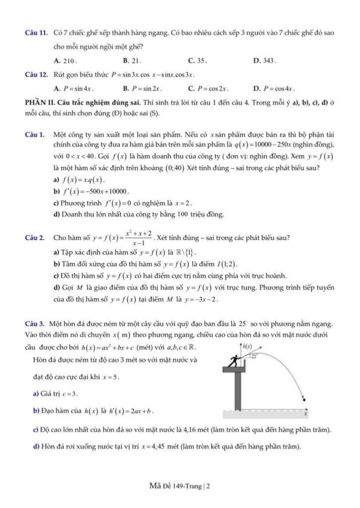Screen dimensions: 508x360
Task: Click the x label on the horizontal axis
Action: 305,413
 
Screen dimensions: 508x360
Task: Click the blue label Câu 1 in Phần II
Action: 35,134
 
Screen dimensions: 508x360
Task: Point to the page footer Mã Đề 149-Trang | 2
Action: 180,486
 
